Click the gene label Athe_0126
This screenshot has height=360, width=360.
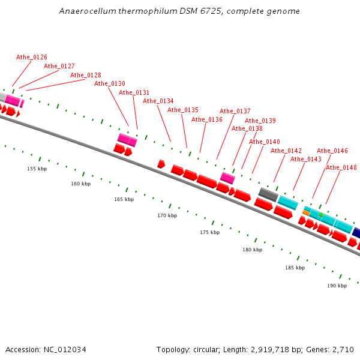pyautogui.click(x=32, y=57)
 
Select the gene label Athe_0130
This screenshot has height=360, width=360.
pyautogui.click(x=110, y=83)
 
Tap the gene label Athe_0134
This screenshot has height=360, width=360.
pyautogui.click(x=158, y=101)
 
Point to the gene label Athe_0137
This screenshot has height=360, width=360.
pyautogui.click(x=235, y=111)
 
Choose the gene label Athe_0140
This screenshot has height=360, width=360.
pyautogui.click(x=265, y=142)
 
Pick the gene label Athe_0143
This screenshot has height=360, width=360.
pyautogui.click(x=306, y=159)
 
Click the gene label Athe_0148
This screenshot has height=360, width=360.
pyautogui.click(x=341, y=167)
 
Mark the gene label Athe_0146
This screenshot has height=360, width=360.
pyautogui.click(x=332, y=151)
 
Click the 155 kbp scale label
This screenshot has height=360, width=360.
pyautogui.click(x=37, y=169)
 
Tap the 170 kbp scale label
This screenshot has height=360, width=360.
pyautogui.click(x=167, y=215)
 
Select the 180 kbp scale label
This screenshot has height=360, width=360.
pyautogui.click(x=252, y=250)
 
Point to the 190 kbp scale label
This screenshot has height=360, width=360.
pyautogui.click(x=337, y=286)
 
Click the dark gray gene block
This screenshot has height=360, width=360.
pyautogui.click(x=268, y=194)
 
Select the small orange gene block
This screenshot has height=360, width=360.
pyautogui.click(x=306, y=213)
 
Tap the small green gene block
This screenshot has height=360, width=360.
pyautogui.click(x=321, y=214)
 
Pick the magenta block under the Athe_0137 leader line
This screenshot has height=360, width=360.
pyautogui.click(x=227, y=178)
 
